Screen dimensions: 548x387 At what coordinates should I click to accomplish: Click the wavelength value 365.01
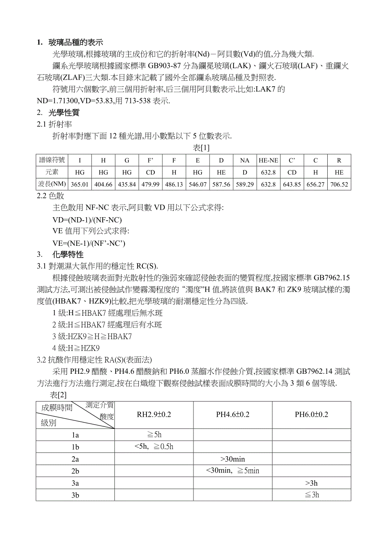coord(80,184)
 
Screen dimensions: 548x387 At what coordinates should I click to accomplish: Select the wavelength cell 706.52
coord(339,184)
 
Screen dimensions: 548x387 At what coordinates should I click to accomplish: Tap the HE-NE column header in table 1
coord(268,160)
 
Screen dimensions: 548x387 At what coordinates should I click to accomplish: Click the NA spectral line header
coord(245,160)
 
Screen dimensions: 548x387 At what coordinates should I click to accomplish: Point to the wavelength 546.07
coord(198,184)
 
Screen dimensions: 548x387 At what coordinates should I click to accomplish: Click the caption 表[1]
coord(201,148)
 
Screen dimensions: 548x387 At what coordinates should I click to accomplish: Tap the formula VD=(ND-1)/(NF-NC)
coord(87,220)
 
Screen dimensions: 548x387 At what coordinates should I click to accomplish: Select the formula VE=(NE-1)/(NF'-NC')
coord(89,243)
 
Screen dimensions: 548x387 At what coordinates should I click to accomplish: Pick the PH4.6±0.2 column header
coord(233,415)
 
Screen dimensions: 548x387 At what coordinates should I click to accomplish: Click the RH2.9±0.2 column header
coord(154,415)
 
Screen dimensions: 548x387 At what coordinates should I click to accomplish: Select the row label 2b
coord(75,471)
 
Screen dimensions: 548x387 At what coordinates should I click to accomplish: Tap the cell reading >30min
coord(233,459)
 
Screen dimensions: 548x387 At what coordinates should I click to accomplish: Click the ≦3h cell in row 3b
coord(312,495)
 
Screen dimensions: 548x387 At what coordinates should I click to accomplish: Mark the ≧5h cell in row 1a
coord(154,435)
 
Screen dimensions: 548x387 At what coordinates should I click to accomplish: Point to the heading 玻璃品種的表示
coord(76,43)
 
